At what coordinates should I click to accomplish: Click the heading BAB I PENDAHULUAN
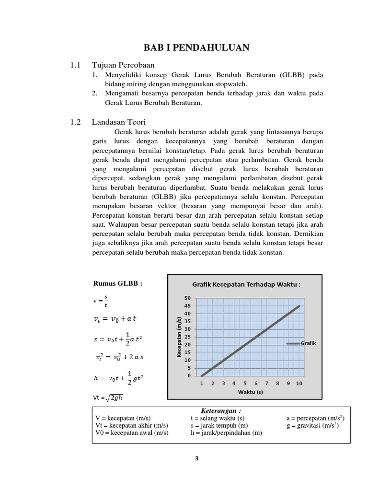tap(196, 47)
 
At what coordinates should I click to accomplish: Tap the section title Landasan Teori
tap(119, 122)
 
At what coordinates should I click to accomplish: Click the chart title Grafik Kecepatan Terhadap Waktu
tap(246, 284)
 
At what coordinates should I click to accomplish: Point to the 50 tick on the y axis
tap(187, 298)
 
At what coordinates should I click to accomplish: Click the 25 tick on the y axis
tap(187, 337)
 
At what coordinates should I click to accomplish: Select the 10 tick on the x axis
tap(299, 383)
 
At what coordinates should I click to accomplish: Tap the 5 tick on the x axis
tap(245, 383)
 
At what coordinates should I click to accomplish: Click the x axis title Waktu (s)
tap(251, 392)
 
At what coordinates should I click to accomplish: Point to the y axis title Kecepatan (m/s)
tap(178, 337)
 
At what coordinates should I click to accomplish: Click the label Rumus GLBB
tap(117, 283)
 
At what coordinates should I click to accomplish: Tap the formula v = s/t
tap(101, 300)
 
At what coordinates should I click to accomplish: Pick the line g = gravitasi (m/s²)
tap(312, 425)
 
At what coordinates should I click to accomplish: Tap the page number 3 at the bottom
tap(196, 458)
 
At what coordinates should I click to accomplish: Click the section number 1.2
tap(76, 122)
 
